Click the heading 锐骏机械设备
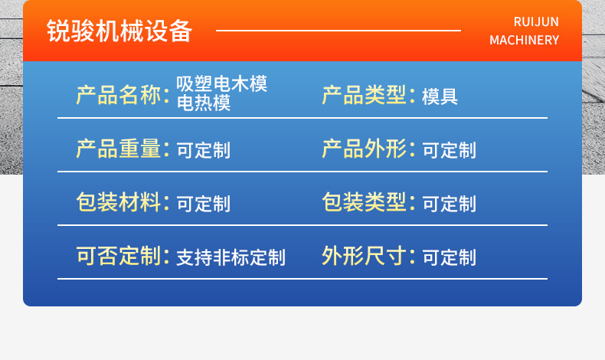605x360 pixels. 119,31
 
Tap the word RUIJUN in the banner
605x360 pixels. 536,21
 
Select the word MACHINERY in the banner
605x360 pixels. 524,40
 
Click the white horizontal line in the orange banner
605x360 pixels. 338,30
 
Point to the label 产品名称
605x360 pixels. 119,95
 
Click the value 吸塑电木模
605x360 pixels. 221,83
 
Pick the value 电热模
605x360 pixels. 204,103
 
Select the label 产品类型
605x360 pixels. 364,95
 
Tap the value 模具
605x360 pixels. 440,97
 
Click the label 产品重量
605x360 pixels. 119,149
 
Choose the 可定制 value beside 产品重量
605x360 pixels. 204,150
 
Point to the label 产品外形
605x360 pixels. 364,149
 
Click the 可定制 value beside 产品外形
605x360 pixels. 449,150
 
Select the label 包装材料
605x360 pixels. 119,201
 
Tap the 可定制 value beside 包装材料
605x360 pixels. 204,204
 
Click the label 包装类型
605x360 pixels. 364,201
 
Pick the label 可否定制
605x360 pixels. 119,255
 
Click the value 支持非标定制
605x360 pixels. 231,257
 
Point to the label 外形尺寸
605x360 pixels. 364,255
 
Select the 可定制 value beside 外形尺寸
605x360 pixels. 449,257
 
